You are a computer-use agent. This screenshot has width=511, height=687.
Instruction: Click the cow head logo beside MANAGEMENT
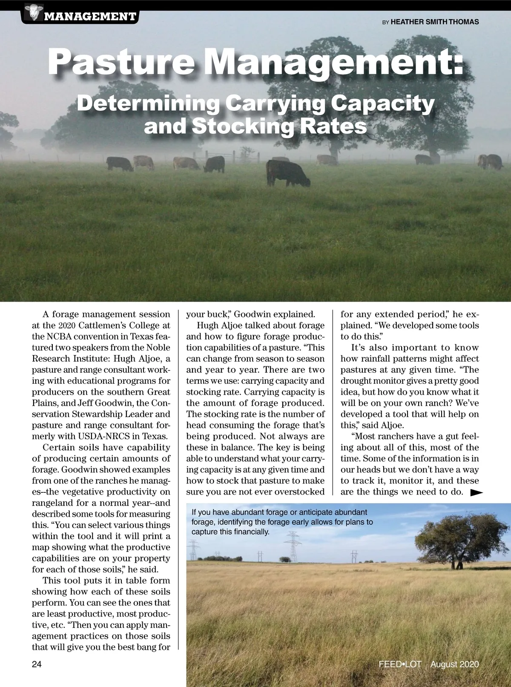click(32, 12)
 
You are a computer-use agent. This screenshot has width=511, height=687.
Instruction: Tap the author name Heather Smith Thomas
click(434, 22)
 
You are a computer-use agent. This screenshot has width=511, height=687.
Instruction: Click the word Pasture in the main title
click(121, 63)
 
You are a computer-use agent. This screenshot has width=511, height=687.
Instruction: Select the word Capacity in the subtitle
click(383, 103)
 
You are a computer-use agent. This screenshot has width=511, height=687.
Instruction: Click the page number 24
click(37, 664)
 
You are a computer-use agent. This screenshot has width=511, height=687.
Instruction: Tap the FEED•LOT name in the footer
click(400, 664)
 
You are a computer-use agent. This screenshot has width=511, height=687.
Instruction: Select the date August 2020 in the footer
click(454, 664)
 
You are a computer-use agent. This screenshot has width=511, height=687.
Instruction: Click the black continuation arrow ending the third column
click(477, 492)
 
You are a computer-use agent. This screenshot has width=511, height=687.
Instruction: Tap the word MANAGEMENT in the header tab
click(90, 17)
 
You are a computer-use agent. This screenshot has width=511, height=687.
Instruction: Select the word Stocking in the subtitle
click(242, 126)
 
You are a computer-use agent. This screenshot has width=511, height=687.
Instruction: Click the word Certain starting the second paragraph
click(60, 447)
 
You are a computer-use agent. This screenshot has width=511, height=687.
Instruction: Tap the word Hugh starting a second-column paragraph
click(207, 325)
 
